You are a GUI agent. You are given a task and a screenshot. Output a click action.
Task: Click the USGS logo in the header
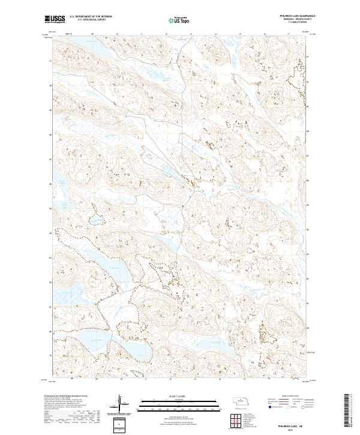[55, 20]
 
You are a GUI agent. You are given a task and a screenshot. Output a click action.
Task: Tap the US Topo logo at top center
[180, 20]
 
